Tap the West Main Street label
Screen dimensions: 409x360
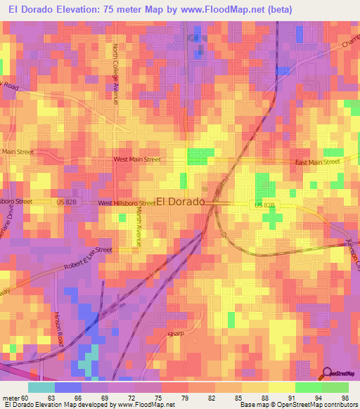pyautogui.click(x=143, y=160)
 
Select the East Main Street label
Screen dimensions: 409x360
pyautogui.click(x=317, y=162)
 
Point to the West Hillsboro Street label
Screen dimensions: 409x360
pyautogui.click(x=127, y=203)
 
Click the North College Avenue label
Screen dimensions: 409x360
pyautogui.click(x=115, y=74)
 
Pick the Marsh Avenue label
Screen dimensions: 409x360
pyautogui.click(x=139, y=226)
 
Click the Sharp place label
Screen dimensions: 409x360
pyautogui.click(x=174, y=334)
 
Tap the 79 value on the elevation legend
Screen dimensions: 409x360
pyautogui.click(x=187, y=397)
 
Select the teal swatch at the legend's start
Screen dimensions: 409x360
pyautogui.click(x=41, y=387)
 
